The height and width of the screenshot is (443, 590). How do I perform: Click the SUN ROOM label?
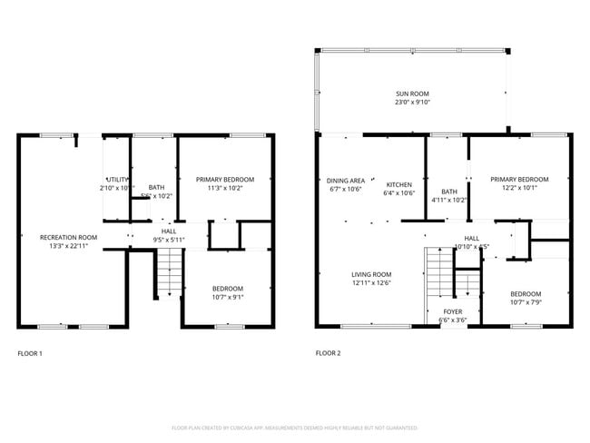(x=412, y=94)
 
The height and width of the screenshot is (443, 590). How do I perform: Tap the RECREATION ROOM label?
(x=68, y=237)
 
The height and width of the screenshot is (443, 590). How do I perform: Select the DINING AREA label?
(x=345, y=181)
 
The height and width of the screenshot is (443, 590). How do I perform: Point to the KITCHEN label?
(x=398, y=181)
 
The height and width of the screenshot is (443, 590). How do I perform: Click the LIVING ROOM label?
(x=371, y=274)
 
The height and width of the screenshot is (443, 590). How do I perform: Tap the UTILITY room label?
(x=116, y=179)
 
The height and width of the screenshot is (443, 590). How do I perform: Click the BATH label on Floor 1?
(x=156, y=187)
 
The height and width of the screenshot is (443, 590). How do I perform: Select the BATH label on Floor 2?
(x=449, y=192)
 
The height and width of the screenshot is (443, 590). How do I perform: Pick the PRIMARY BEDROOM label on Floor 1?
(x=224, y=180)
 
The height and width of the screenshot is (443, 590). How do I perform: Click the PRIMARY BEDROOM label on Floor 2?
(x=519, y=180)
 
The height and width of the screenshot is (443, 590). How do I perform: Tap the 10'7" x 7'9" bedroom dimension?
(x=525, y=302)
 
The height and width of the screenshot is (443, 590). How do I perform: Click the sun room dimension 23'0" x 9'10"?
(x=412, y=103)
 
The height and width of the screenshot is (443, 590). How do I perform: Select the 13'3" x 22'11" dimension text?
(x=68, y=245)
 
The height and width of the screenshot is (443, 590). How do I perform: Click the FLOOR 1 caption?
(x=30, y=353)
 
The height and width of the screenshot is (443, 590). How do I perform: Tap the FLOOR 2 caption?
(x=328, y=353)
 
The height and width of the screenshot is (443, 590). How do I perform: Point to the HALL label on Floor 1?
(x=169, y=231)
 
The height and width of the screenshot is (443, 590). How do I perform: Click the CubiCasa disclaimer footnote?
(x=294, y=427)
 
